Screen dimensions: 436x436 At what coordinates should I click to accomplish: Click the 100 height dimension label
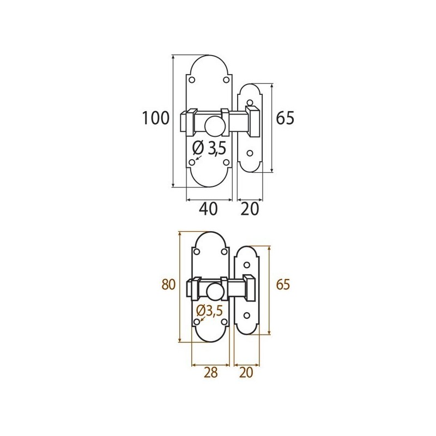pyautogui.click(x=156, y=118)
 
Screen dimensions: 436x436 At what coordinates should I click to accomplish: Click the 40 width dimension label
pyautogui.click(x=208, y=209)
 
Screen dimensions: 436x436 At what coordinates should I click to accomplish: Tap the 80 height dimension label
pyautogui.click(x=168, y=284)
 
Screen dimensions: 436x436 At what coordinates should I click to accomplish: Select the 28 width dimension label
pyautogui.click(x=210, y=372)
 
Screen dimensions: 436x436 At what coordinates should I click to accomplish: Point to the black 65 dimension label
pyautogui.click(x=285, y=118)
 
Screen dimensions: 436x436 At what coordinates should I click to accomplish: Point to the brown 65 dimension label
pyautogui.click(x=283, y=284)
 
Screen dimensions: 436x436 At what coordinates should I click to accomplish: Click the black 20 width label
pyautogui.click(x=250, y=209)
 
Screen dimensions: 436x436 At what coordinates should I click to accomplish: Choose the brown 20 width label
pyautogui.click(x=246, y=372)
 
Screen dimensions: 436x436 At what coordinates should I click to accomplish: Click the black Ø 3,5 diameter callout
pyautogui.click(x=209, y=148)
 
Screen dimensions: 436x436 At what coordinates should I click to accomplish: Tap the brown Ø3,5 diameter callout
pyautogui.click(x=209, y=310)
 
